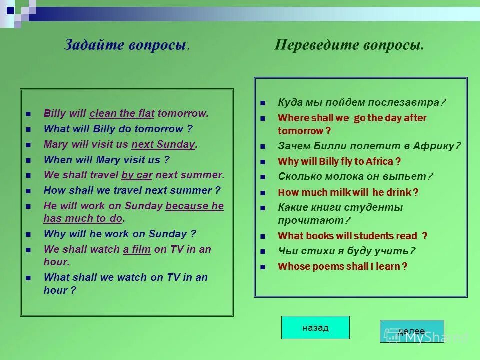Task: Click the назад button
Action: (315, 328)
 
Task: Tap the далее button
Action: (411, 331)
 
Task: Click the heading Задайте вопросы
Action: (127, 45)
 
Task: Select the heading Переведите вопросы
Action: (349, 45)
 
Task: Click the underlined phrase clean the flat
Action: (122, 113)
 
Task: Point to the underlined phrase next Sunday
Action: (163, 145)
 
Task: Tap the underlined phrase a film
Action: (137, 249)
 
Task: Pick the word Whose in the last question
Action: (294, 266)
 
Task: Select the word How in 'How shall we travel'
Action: (53, 190)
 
